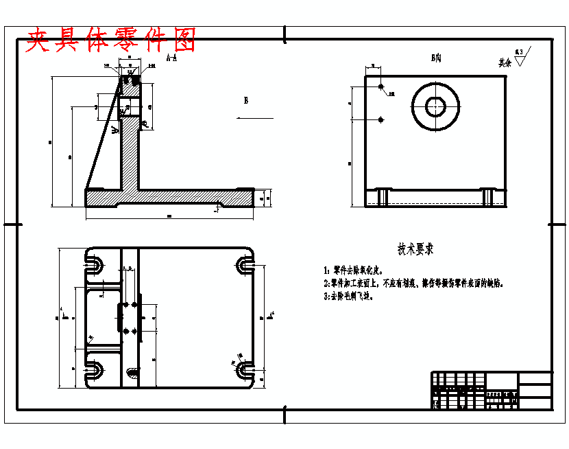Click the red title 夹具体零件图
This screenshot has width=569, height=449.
(110, 41)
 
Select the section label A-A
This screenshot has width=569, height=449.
(171, 59)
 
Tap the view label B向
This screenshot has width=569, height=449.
(435, 58)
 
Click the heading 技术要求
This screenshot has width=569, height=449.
(415, 249)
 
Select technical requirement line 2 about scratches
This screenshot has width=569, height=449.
(414, 283)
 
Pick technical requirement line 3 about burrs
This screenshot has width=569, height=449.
(350, 297)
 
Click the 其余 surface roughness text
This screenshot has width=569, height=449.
(505, 62)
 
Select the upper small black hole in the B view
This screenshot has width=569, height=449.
(380, 88)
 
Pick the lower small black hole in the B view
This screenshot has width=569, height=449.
(380, 119)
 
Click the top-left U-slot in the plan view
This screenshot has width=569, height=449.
(95, 264)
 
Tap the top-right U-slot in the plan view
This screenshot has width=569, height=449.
(245, 264)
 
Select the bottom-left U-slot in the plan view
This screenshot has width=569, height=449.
(95, 371)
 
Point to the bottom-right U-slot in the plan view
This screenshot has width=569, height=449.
(245, 371)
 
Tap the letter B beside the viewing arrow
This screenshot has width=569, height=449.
(246, 100)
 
